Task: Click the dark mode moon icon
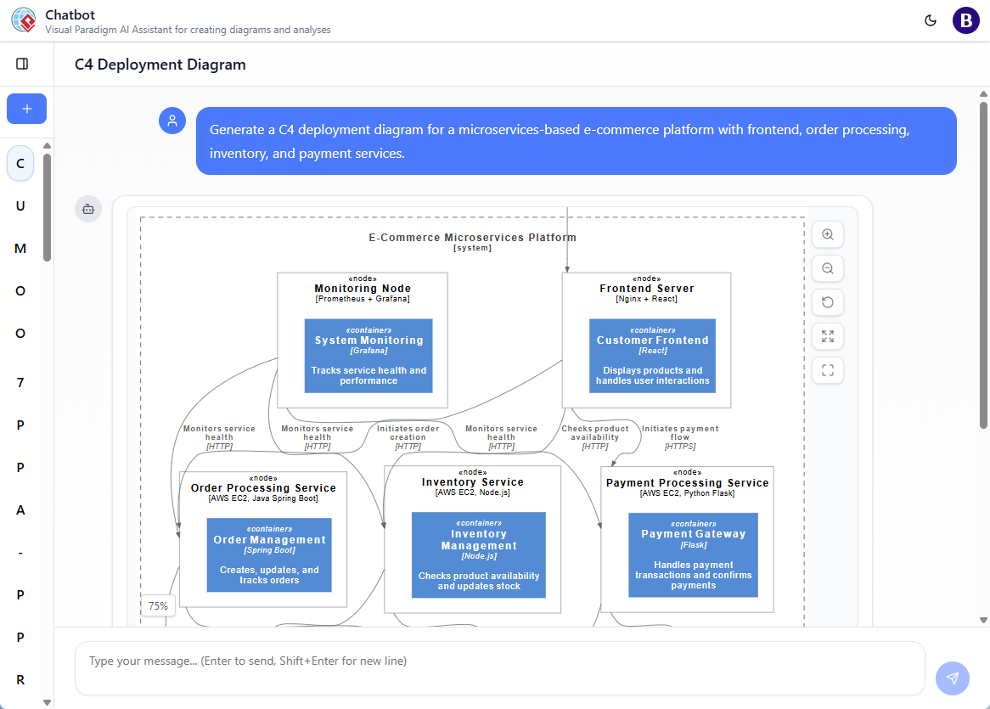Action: click(x=931, y=20)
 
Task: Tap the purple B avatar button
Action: click(x=966, y=20)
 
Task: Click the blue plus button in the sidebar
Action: click(x=26, y=109)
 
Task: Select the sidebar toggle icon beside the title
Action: click(x=22, y=64)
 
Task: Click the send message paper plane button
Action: click(x=953, y=678)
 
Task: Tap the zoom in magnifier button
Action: click(x=828, y=234)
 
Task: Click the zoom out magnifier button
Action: click(x=828, y=268)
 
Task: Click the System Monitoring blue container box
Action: click(x=368, y=356)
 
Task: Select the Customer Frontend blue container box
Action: click(x=652, y=356)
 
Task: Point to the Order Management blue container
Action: click(x=269, y=554)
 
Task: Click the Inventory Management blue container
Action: click(x=479, y=554)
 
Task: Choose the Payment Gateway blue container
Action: click(x=693, y=555)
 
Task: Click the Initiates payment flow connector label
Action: click(x=680, y=437)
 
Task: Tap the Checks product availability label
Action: click(x=595, y=437)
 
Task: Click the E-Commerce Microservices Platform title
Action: click(x=472, y=238)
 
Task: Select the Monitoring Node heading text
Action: click(x=363, y=289)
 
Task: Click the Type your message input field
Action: click(x=499, y=661)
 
